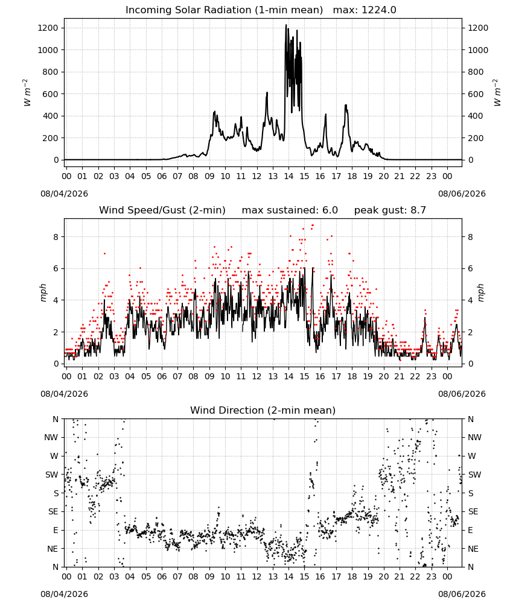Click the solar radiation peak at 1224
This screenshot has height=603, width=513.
[x=286, y=25]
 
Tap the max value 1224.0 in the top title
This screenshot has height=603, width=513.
[x=378, y=10]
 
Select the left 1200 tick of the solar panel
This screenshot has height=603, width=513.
[x=48, y=28]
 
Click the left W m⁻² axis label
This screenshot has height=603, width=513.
[x=27, y=93]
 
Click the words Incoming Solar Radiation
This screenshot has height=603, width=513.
[x=188, y=10]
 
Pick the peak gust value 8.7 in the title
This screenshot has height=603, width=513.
[x=418, y=210]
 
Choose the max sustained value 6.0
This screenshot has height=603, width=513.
[x=330, y=210]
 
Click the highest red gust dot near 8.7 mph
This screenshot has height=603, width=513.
[x=312, y=226]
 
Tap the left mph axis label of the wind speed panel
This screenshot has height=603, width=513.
[x=43, y=293]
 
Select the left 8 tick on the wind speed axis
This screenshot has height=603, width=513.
[x=56, y=237]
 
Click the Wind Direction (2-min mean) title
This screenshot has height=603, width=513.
[x=263, y=410]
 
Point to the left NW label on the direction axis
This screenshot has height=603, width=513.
[x=51, y=438]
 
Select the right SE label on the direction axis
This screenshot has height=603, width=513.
[x=473, y=512]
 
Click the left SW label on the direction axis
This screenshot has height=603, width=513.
[x=52, y=475]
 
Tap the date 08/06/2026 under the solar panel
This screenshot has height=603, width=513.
[x=462, y=194]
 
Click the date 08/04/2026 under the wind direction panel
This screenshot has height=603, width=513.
[x=64, y=594]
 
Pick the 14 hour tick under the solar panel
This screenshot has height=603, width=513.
[x=288, y=177]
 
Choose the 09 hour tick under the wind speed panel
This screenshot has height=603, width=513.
[x=209, y=376]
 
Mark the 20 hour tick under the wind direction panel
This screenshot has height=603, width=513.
[x=384, y=577]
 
